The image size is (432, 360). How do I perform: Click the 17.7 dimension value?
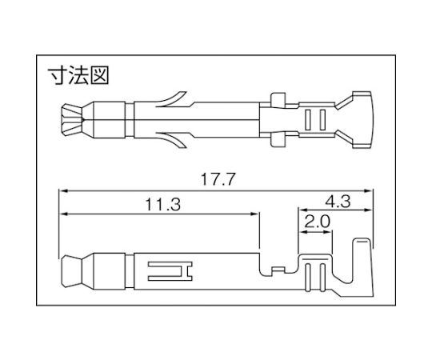coord(218,179)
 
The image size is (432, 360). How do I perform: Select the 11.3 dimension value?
coord(163,205)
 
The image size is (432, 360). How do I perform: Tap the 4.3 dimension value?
coord(338,202)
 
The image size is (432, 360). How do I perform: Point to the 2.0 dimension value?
coord(317,222)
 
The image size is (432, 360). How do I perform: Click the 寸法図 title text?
coord(78,75)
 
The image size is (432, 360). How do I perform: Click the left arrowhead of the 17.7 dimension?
coord(64,190)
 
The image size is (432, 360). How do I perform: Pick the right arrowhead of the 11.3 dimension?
coord(254,214)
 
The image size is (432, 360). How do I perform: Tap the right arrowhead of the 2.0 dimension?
coord(328,232)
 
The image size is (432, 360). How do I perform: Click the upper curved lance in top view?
coord(172,99)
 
